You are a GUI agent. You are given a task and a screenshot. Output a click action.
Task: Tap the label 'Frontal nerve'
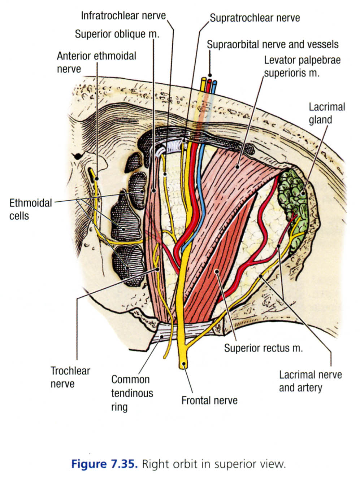[x=209, y=400]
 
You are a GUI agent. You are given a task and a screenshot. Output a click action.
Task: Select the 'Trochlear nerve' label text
[x=70, y=377]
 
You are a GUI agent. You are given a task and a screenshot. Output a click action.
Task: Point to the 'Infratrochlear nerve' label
[x=123, y=16]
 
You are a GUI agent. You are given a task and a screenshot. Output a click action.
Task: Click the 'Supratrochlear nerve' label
[x=255, y=17]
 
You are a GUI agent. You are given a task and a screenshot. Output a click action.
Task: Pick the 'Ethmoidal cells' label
[x=30, y=209]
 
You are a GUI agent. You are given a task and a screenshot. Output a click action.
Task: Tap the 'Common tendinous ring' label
[x=132, y=393]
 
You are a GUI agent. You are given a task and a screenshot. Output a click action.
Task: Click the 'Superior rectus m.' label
[x=263, y=348]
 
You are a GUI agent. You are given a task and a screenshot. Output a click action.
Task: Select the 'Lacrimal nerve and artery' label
[x=310, y=381]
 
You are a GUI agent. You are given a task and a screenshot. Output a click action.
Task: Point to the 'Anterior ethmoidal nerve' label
[x=96, y=62]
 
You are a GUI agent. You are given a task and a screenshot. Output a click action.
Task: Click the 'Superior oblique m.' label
[x=117, y=34]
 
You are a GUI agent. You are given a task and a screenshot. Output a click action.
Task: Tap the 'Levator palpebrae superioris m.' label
[x=302, y=66]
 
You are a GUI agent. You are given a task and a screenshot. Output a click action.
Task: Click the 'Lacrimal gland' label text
[x=326, y=113]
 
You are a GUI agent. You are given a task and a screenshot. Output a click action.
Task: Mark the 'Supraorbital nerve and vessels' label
[x=273, y=44]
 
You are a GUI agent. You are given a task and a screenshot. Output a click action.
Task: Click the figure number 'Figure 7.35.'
[x=104, y=464]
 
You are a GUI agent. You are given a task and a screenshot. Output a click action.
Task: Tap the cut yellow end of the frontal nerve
[x=184, y=364]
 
